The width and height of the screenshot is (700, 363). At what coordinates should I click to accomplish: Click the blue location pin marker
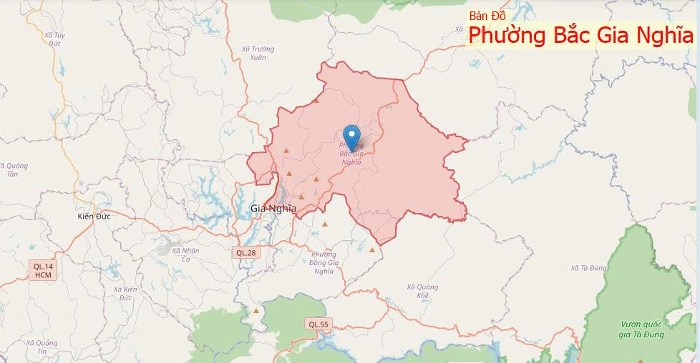(351, 136)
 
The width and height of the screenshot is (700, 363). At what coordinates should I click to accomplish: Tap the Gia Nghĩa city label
(273, 209)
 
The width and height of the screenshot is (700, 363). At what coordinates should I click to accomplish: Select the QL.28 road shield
(246, 252)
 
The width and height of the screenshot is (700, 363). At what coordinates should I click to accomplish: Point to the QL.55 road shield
(319, 324)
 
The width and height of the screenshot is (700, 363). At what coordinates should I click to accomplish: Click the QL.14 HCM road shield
(43, 270)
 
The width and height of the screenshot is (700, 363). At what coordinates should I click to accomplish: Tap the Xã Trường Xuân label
(258, 53)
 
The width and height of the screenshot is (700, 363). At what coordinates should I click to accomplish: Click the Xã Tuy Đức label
(54, 39)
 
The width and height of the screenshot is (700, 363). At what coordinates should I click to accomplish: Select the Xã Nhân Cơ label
(185, 254)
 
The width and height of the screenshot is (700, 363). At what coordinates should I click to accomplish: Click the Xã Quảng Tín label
(42, 347)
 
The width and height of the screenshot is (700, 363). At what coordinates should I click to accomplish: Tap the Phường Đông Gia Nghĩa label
(324, 262)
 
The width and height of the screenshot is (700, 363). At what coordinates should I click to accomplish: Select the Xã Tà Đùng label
(589, 268)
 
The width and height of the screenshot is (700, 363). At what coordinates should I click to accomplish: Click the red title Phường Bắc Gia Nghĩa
(580, 35)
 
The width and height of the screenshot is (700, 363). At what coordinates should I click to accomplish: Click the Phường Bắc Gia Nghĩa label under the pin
(351, 154)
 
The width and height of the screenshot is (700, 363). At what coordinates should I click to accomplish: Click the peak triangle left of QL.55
(256, 311)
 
